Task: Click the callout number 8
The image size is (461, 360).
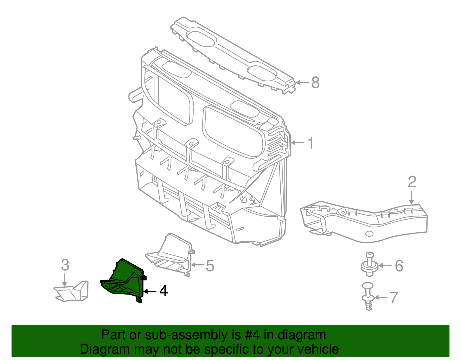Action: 315,83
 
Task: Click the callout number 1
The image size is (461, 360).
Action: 311,143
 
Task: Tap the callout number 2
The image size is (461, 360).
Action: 412,182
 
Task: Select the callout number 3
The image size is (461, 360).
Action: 65,265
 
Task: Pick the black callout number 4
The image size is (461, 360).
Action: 163,291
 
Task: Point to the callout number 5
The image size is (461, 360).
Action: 210,265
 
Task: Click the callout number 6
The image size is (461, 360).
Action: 399,265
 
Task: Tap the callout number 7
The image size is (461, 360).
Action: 394,297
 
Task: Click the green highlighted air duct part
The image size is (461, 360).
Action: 127,278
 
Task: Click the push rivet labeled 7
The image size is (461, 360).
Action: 368,297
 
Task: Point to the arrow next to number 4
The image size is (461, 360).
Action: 150,291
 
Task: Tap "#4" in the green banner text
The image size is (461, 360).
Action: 253,335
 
